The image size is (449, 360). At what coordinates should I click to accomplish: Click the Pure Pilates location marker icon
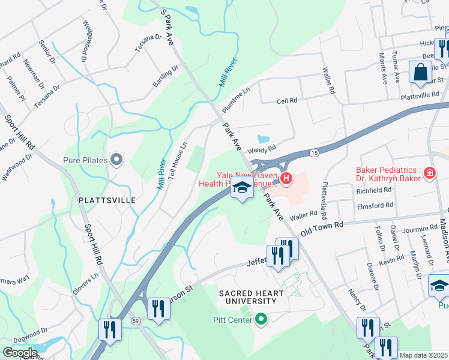[x=116, y=160]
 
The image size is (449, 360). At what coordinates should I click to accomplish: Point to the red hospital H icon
[x=286, y=178]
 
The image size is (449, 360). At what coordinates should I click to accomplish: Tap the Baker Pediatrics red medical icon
[x=429, y=174]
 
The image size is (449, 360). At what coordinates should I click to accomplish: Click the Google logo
[x=20, y=352]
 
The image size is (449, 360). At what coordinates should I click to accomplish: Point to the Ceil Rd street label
[x=287, y=101]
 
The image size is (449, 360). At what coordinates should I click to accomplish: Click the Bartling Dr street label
[x=165, y=76]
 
